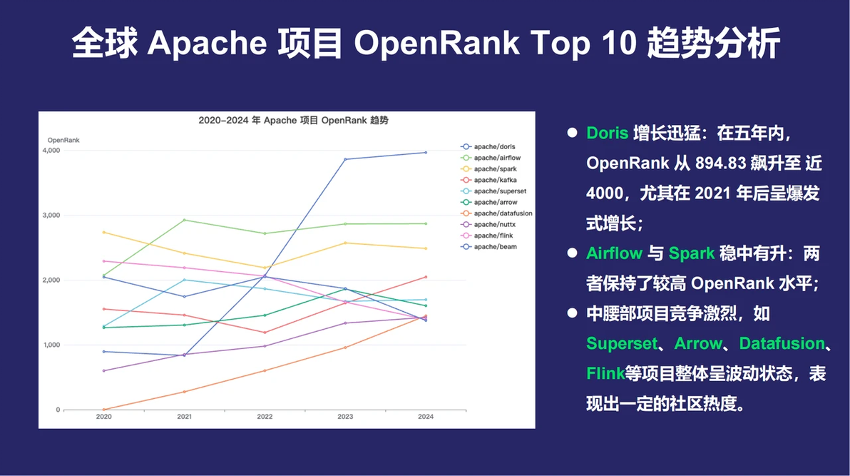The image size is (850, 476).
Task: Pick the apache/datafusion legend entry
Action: (x=502, y=213)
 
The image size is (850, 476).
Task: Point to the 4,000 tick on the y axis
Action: (x=51, y=151)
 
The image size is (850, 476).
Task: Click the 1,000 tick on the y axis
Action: (x=51, y=345)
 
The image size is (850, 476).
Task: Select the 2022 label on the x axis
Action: (x=265, y=417)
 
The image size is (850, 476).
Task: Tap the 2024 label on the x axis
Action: (x=426, y=417)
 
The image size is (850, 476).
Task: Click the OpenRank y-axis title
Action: (x=63, y=140)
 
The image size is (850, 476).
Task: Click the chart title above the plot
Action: (x=293, y=121)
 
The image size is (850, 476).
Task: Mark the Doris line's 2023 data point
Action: (x=345, y=159)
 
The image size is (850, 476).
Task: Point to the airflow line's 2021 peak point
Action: (x=184, y=220)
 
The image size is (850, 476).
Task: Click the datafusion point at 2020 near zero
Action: (x=103, y=410)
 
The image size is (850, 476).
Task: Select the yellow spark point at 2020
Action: (x=103, y=232)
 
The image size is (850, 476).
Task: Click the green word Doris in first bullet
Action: (x=607, y=133)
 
